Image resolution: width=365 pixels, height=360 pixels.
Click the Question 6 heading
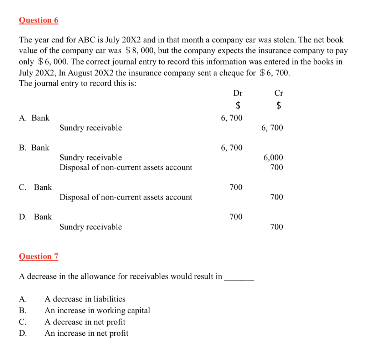(38, 20)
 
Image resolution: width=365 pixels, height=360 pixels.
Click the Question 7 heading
(38, 256)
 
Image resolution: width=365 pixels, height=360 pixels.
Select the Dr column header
(238, 93)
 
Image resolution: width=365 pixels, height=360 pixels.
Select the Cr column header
(279, 93)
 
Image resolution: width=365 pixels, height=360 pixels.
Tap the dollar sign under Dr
(238, 105)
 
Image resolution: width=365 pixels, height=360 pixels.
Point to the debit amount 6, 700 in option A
(232, 118)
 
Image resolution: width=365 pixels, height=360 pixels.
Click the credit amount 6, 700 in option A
(272, 128)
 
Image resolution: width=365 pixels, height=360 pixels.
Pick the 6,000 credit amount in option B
(273, 157)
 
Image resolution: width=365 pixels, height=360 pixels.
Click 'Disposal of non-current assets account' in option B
(125, 167)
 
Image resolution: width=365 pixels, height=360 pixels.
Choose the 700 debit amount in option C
(236, 187)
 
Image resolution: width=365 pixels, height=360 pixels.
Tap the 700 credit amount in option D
(277, 227)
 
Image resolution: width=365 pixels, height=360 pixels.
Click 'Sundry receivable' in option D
(91, 227)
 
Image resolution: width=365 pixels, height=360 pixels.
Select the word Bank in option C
(43, 187)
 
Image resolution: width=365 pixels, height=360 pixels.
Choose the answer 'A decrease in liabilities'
(85, 299)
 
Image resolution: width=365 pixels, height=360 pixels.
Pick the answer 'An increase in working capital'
(97, 310)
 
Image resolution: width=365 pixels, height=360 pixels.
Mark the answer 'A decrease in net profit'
(85, 322)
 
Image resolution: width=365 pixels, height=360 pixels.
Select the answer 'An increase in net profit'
(86, 333)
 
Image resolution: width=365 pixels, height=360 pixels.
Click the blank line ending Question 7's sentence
(239, 279)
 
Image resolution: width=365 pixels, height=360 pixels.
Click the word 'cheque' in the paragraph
(232, 73)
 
